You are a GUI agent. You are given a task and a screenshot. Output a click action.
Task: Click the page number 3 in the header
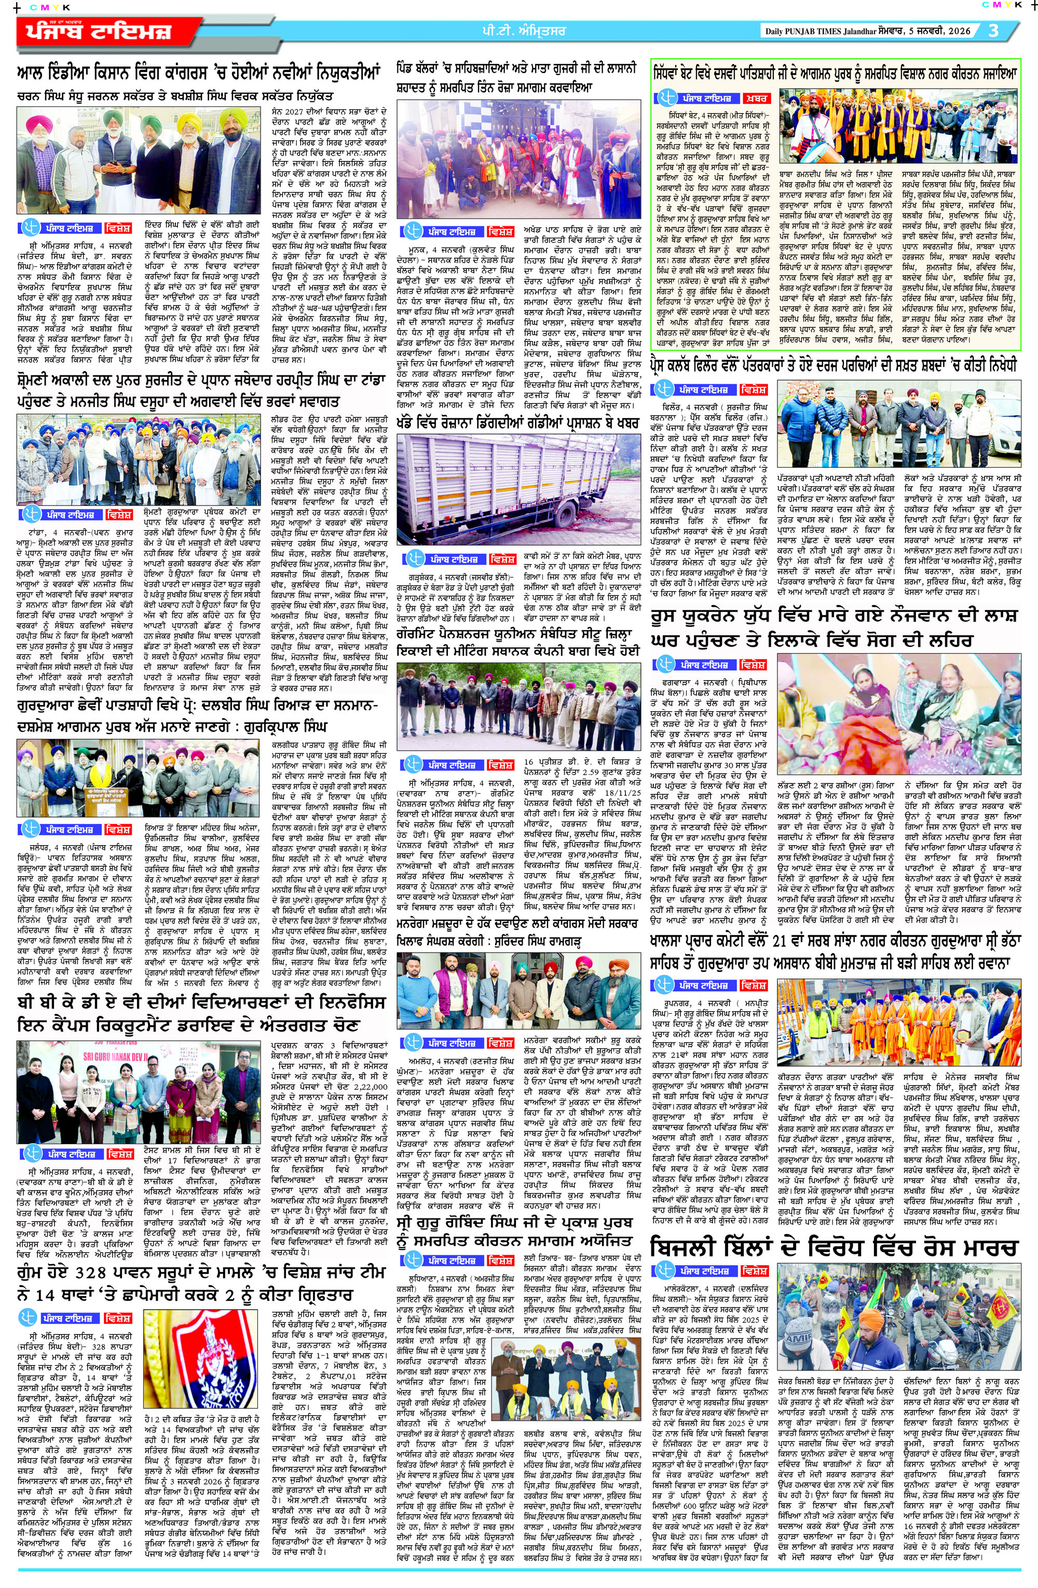993,31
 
